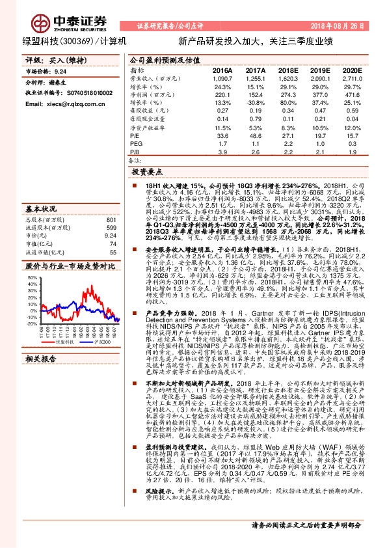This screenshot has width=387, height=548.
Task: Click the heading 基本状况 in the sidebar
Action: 40,209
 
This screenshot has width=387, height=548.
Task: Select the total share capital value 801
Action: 111,219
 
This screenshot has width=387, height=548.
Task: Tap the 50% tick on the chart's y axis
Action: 32,277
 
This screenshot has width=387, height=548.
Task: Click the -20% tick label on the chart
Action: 31,323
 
